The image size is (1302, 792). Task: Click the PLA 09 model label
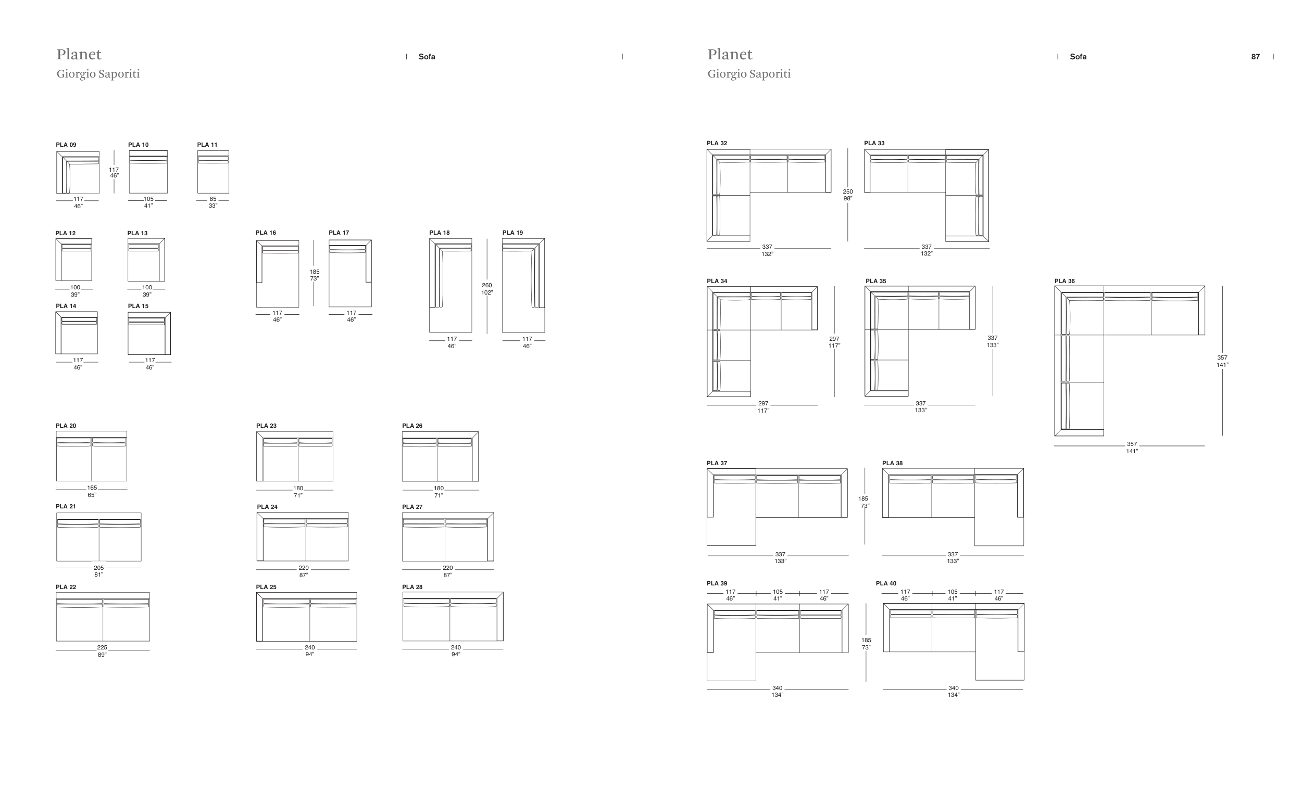(x=66, y=145)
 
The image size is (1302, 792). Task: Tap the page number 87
(x=1255, y=57)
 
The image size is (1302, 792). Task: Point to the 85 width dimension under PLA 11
(x=213, y=200)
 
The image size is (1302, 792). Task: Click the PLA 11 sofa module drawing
(x=213, y=172)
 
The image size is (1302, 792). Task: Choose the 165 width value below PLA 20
(x=92, y=489)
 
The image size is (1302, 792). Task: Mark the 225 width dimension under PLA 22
(x=102, y=648)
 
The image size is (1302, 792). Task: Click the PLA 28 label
(x=412, y=587)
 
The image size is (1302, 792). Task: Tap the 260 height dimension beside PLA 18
(x=486, y=286)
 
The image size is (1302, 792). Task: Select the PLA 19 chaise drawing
(x=523, y=285)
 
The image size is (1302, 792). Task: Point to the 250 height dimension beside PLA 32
(x=847, y=192)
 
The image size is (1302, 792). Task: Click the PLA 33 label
(x=874, y=143)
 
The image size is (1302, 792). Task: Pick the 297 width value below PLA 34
(x=763, y=404)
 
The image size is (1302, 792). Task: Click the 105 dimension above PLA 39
(x=778, y=592)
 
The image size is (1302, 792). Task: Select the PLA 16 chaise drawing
(x=278, y=274)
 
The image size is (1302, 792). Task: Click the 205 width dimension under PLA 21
(x=99, y=568)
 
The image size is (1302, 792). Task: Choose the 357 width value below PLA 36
(x=1132, y=444)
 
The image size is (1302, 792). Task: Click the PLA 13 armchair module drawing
(x=146, y=260)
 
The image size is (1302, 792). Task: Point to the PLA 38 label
(x=892, y=464)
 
